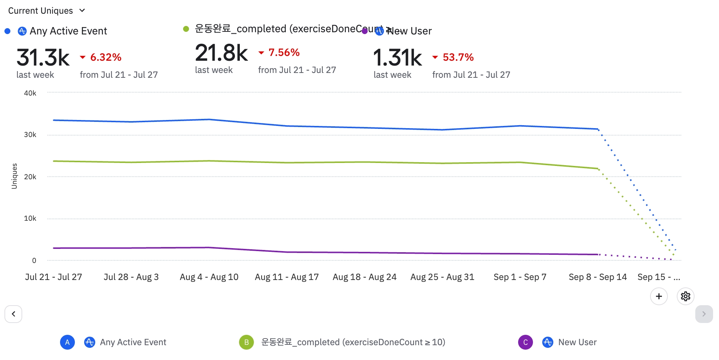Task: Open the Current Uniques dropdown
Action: pos(47,11)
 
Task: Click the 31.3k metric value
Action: pos(43,57)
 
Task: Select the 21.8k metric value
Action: pos(221,53)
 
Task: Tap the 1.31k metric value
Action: pos(397,57)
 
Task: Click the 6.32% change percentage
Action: pos(106,57)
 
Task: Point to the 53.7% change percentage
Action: pos(458,57)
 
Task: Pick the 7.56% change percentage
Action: pos(284,53)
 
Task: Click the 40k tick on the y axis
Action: pos(30,93)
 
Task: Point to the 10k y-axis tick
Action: pos(30,218)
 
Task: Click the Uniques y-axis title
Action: pos(14,176)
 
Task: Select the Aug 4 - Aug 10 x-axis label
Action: pos(209,277)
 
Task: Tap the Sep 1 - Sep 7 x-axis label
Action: pos(520,277)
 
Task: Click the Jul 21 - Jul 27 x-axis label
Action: pos(53,277)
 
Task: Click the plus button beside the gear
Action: pos(659,296)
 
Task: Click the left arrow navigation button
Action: pos(13,314)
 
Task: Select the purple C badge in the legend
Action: pos(525,342)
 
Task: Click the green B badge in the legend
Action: pos(246,342)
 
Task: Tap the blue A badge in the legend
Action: pos(67,342)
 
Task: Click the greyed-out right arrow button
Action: pos(704,314)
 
